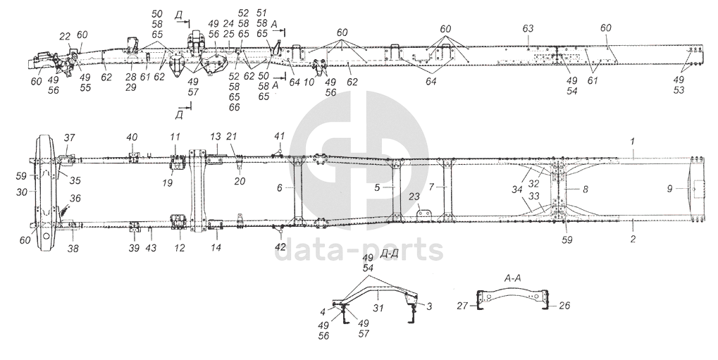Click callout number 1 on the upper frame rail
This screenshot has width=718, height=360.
click(x=633, y=142)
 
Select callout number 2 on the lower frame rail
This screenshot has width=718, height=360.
click(x=633, y=240)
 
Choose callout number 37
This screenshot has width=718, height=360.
click(x=69, y=137)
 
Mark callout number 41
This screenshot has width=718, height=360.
click(x=279, y=136)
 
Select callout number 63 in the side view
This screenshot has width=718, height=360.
click(x=528, y=27)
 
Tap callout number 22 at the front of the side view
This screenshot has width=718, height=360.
click(x=64, y=35)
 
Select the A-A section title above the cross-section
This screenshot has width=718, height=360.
click(x=512, y=279)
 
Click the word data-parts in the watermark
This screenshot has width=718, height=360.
click(x=359, y=249)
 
